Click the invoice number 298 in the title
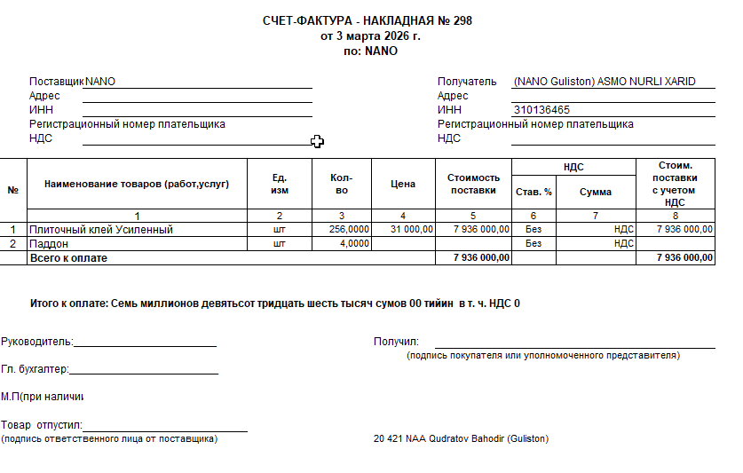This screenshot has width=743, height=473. (462, 20)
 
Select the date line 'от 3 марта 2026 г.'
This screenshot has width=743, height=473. (370, 36)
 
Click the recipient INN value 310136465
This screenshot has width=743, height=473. (541, 110)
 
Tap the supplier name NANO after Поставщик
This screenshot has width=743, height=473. (100, 82)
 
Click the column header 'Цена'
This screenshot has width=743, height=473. (403, 185)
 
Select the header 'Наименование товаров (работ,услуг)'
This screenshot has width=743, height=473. (137, 185)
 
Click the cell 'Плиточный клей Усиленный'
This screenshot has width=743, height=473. (101, 230)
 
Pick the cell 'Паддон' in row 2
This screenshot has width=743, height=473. (50, 243)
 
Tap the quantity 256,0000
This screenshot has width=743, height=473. (349, 230)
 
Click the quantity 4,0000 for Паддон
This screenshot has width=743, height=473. (355, 243)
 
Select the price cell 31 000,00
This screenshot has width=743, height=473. (411, 230)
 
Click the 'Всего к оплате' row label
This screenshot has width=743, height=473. (68, 257)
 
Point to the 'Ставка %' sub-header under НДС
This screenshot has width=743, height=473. (534, 192)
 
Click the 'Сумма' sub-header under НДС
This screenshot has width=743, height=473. (596, 192)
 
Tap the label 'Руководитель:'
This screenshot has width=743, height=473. (37, 342)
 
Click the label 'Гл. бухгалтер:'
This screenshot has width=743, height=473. (36, 369)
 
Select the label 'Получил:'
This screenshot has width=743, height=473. (396, 342)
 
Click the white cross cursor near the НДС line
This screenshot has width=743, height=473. (317, 141)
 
